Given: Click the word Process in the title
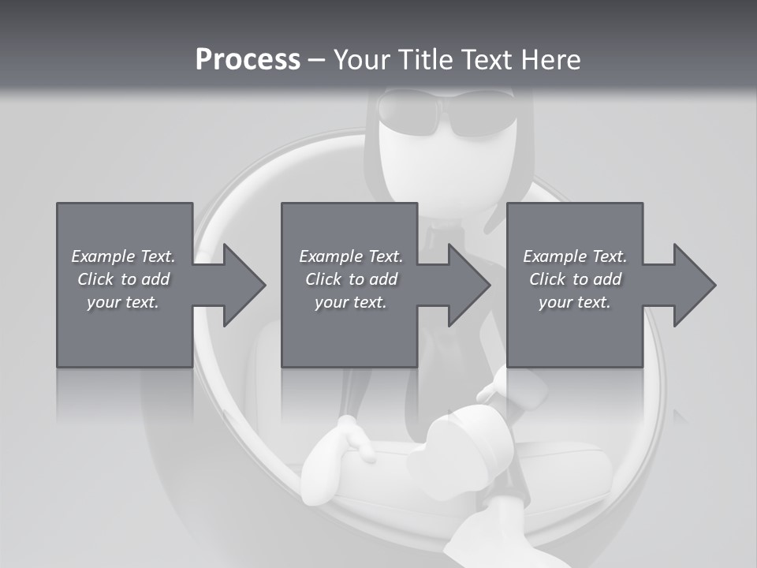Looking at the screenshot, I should (x=248, y=60).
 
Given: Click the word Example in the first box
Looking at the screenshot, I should (x=103, y=256).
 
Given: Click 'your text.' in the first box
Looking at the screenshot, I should (x=123, y=302).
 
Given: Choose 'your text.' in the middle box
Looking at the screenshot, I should (x=350, y=302).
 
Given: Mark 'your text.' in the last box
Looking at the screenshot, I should (x=575, y=302).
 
